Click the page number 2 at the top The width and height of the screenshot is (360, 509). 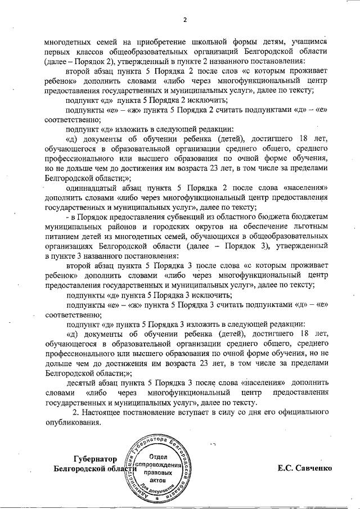[x=184, y=21]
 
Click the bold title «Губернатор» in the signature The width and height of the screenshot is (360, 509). [x=97, y=458]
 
